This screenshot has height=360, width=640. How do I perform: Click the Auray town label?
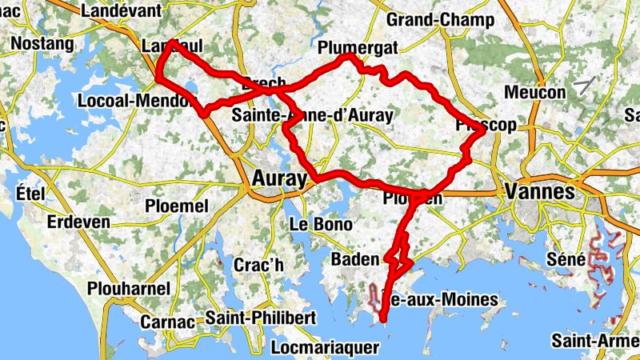click(278, 178)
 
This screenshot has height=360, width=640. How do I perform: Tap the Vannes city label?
click(540, 192)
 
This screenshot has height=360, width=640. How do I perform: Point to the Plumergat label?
click(358, 48)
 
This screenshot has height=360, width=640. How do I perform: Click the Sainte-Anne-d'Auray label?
click(313, 115)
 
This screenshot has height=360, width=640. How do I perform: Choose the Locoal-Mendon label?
click(136, 101)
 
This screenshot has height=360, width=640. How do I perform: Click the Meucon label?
click(535, 92)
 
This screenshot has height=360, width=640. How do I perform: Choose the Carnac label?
click(167, 322)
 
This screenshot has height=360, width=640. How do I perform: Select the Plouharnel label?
click(130, 288)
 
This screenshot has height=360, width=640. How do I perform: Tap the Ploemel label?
click(176, 206)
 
